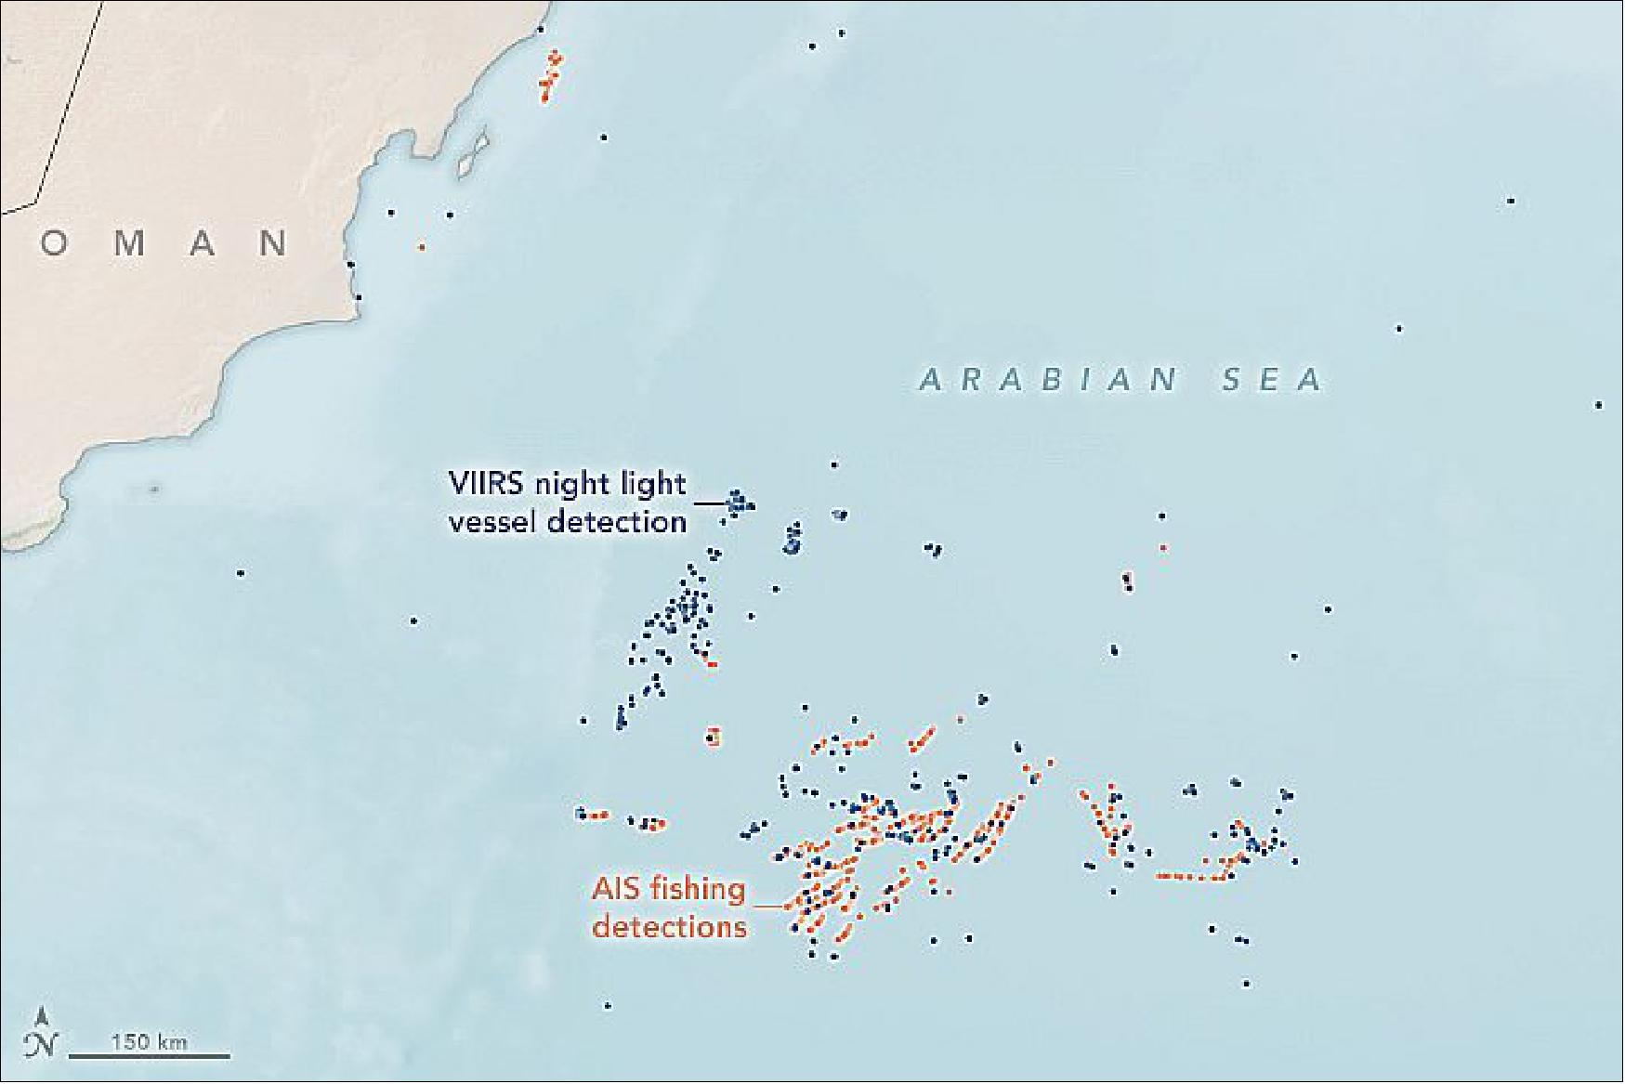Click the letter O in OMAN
[x=54, y=244]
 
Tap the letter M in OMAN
[x=129, y=244]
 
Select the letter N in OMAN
[x=273, y=244]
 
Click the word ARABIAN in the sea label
[x=1048, y=380]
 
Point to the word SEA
[x=1273, y=380]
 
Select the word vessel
[x=492, y=522]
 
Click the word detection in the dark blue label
[x=617, y=522]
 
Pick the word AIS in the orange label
[x=617, y=890]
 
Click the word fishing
[x=698, y=890]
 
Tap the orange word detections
[x=669, y=927]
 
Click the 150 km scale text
[x=149, y=1041]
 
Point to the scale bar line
[x=149, y=1055]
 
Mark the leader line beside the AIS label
[x=767, y=905]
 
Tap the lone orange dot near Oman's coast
[x=422, y=247]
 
